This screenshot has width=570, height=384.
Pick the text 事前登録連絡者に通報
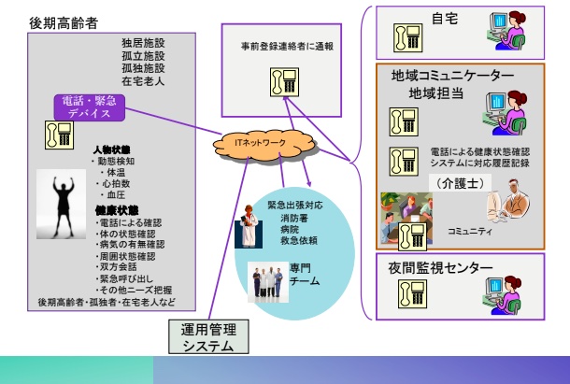click(x=280, y=44)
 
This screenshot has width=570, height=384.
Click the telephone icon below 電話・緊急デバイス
click(x=64, y=132)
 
